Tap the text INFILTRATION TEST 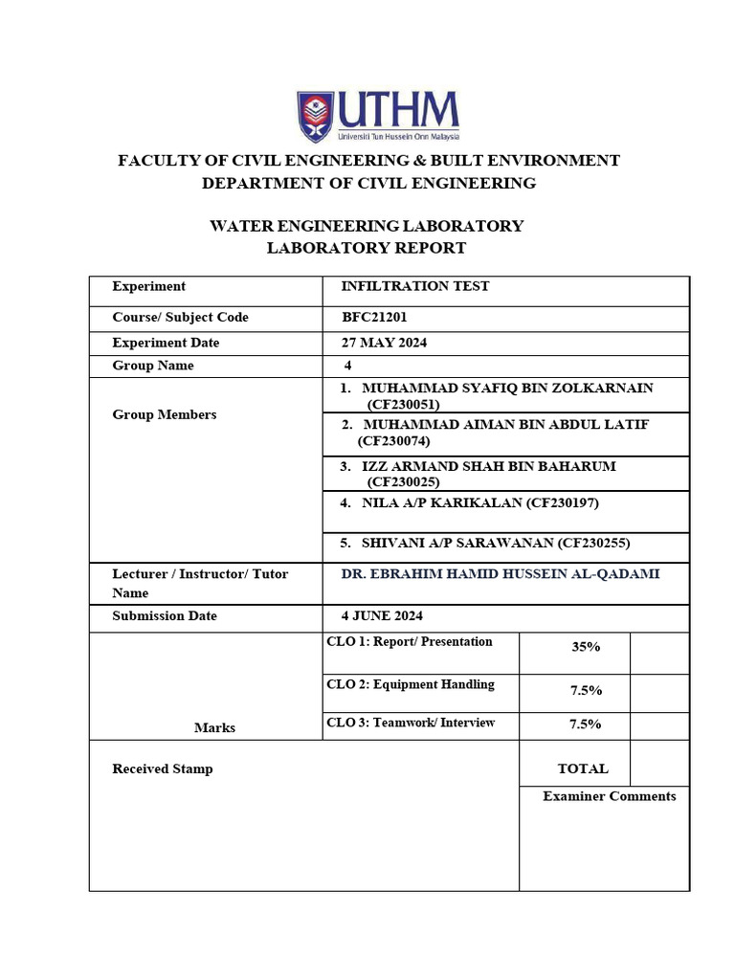[415, 286]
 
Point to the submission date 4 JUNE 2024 [382, 615]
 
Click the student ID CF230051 [403, 404]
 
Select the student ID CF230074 [393, 441]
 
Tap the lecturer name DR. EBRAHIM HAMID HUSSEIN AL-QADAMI [501, 574]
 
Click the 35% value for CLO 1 [585, 647]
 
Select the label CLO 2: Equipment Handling [411, 684]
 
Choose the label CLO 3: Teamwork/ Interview [411, 723]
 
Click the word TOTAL [583, 768]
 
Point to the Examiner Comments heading [609, 795]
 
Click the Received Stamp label [163, 768]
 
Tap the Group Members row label [165, 414]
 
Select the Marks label [214, 727]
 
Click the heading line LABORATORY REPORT [367, 248]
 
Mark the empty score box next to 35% [659, 652]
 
